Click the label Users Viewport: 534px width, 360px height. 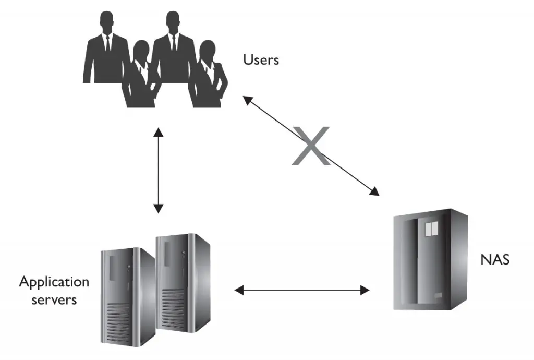(x=261, y=59)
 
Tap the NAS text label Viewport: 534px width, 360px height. (x=494, y=259)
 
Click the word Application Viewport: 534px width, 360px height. (x=54, y=282)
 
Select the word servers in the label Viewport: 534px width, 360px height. (x=54, y=300)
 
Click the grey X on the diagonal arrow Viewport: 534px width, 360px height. (x=311, y=146)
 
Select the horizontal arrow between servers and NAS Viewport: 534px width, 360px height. (x=302, y=290)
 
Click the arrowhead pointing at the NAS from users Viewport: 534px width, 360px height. (x=374, y=191)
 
